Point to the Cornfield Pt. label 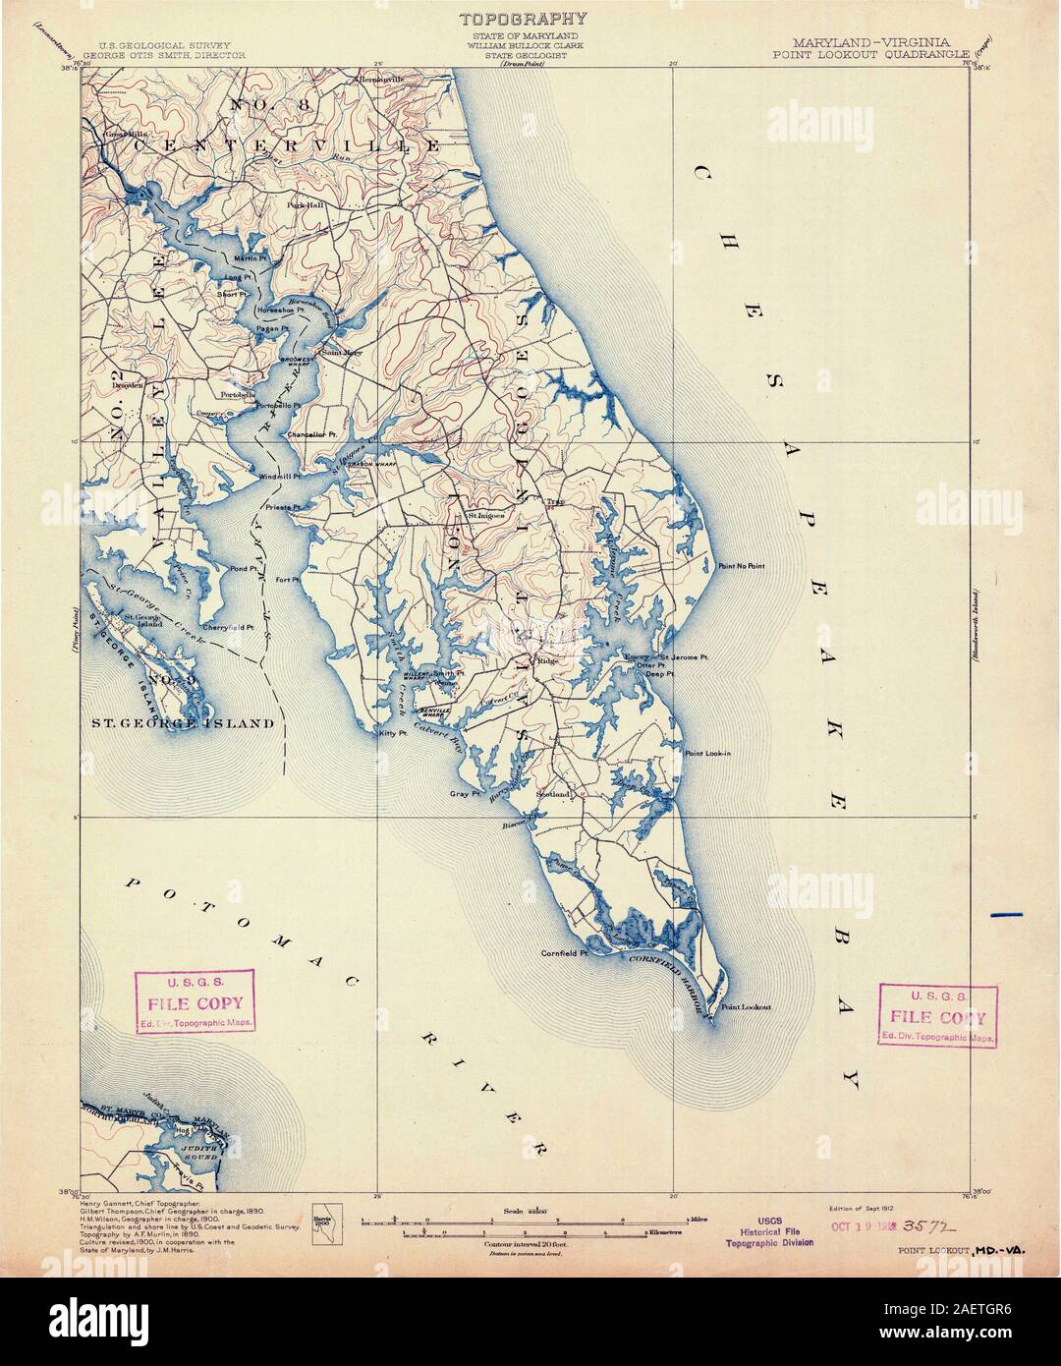(x=564, y=952)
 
